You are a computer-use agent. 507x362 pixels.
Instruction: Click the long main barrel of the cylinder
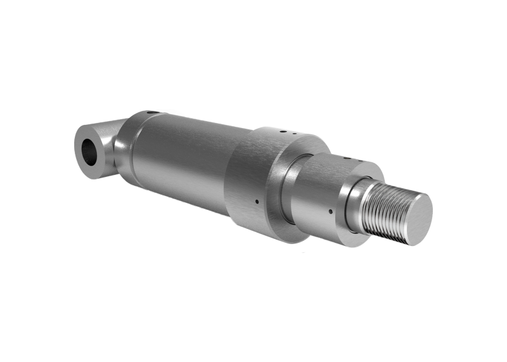pos(184,158)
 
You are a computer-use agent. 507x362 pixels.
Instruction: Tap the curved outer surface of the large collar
pos(244,178)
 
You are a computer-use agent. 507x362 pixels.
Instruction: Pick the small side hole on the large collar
pos(257,202)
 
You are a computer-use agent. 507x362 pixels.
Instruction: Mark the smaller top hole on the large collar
pos(295,135)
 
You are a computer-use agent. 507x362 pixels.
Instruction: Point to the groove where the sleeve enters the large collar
pos(286,190)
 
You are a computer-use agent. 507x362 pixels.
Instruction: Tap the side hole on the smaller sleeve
pos(331,211)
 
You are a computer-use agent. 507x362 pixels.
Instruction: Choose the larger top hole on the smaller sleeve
pos(346,158)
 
